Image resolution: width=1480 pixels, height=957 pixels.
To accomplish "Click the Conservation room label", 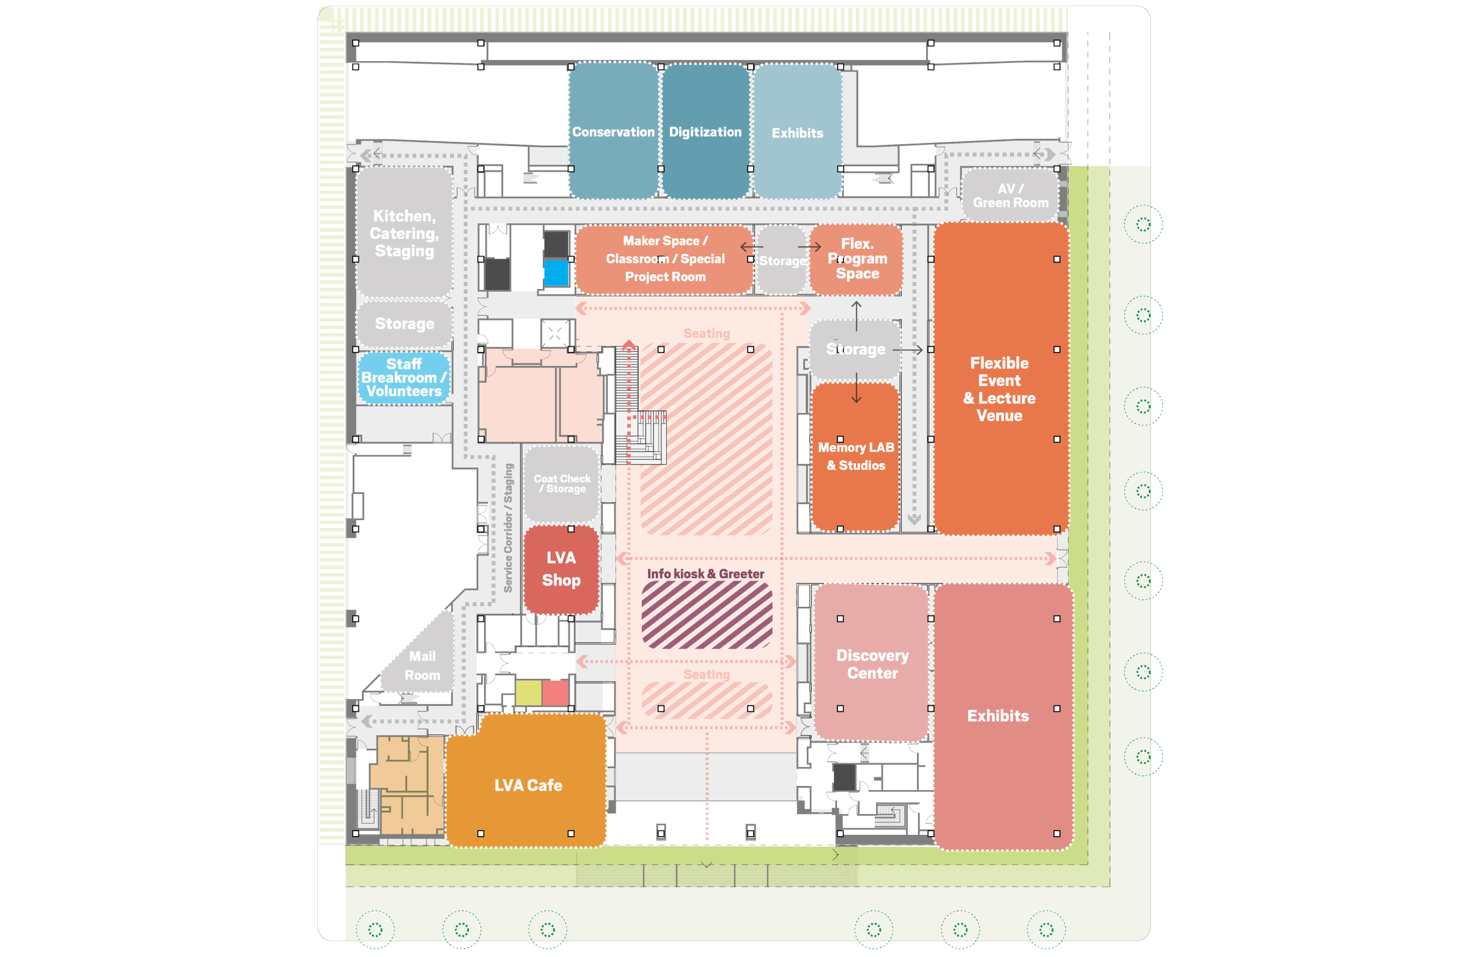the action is tap(613, 132).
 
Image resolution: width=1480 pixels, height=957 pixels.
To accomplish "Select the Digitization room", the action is tap(705, 132).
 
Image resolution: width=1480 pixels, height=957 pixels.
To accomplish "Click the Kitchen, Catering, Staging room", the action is tap(404, 233).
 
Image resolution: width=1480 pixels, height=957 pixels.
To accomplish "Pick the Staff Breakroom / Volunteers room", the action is tap(404, 378).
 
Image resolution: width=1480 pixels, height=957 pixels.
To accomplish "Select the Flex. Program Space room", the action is tap(856, 258).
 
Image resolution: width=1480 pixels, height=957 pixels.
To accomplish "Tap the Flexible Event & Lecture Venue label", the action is tap(999, 389).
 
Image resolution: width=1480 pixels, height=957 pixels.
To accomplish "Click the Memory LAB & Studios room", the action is tap(855, 456).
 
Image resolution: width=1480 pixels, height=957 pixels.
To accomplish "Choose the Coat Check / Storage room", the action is tap(561, 483).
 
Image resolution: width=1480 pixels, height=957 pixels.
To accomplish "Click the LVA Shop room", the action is tap(561, 569).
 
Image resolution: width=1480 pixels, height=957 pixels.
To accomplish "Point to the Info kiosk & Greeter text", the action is tap(705, 574).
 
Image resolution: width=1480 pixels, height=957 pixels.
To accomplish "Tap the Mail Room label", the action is tap(422, 665).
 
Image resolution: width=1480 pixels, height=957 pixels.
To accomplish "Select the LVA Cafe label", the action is tap(528, 785).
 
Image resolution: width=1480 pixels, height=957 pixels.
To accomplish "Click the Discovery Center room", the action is tap(872, 664).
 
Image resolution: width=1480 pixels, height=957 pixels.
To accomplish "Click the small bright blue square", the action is tap(556, 273).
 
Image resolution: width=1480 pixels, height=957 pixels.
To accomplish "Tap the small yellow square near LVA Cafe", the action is tap(528, 693).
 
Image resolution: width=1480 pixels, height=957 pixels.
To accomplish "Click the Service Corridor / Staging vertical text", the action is tap(508, 528).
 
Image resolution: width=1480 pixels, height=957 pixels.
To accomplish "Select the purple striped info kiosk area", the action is tap(706, 615).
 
